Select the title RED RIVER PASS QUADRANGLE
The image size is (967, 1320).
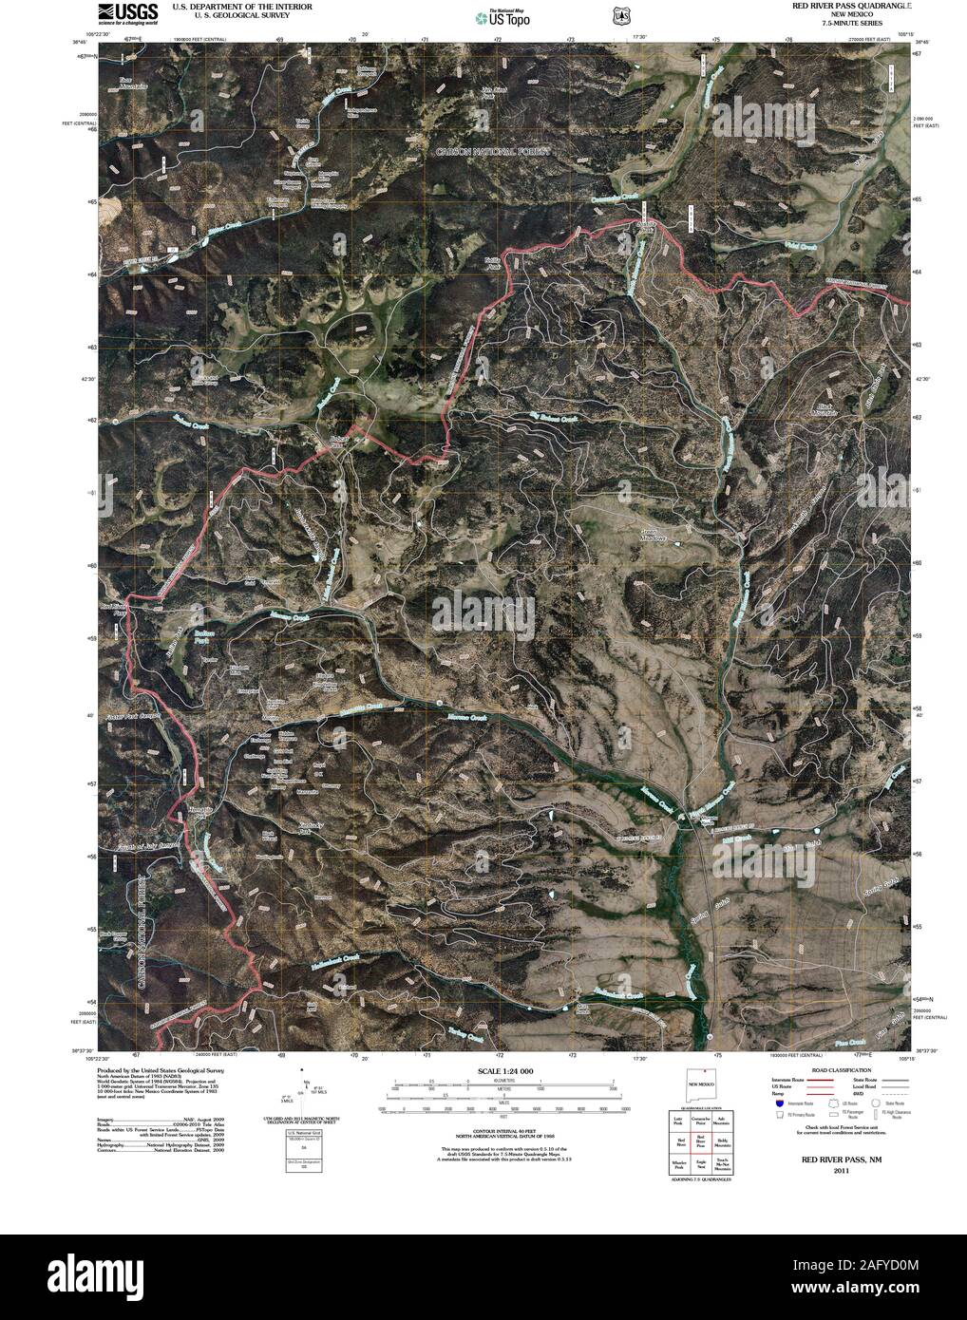point(852,6)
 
